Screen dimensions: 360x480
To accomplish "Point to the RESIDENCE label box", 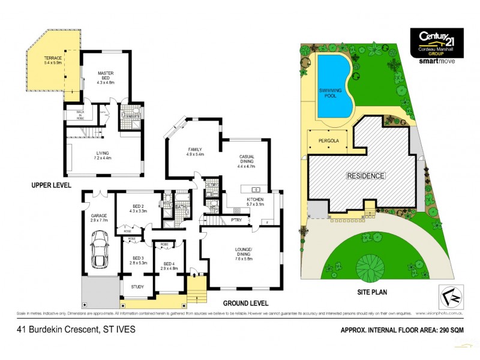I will tap(365, 176).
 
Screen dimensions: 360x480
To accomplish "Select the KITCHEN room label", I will tap(256, 200).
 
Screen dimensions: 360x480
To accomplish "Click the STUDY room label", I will tap(137, 287).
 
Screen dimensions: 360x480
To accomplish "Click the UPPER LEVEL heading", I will tap(50, 186).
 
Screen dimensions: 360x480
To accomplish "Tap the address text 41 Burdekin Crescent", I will tap(76, 329).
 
